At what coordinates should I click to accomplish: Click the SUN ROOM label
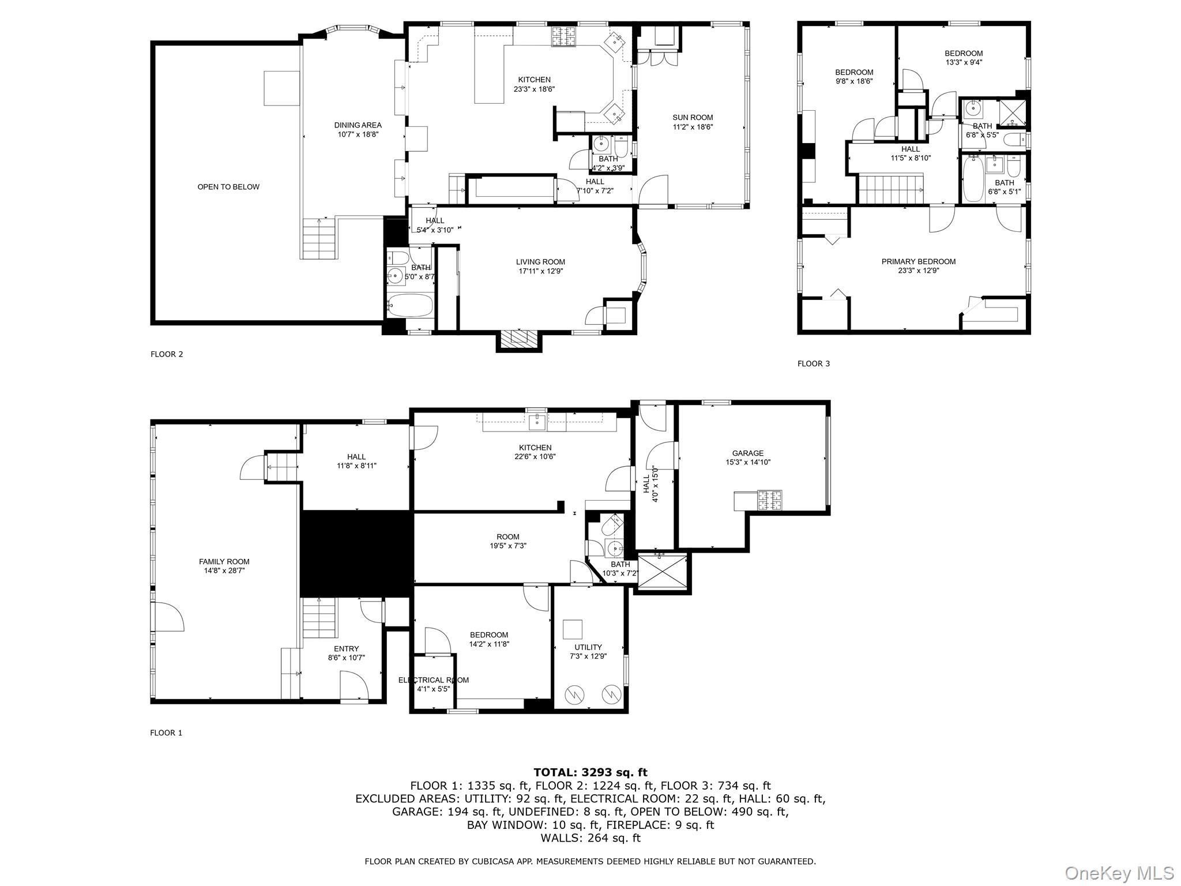(693, 118)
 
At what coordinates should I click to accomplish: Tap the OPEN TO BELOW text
(228, 187)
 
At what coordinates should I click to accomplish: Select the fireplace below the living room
(519, 339)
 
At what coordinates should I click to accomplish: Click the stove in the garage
(769, 500)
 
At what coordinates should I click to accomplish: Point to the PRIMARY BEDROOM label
(918, 261)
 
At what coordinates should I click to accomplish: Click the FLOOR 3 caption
(813, 363)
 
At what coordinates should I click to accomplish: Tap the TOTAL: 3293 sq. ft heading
(590, 772)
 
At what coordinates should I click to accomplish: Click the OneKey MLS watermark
(1119, 873)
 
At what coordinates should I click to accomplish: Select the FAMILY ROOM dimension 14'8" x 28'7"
(224, 570)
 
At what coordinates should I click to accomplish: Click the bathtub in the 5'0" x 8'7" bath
(410, 306)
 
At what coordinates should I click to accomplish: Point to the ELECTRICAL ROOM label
(433, 680)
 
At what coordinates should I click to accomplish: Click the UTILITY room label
(588, 647)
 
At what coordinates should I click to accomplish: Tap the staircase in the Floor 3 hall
(891, 189)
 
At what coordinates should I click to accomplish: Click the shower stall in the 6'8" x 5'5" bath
(1013, 113)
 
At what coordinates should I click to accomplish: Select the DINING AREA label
(358, 125)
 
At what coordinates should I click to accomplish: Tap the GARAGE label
(747, 453)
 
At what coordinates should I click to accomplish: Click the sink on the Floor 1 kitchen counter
(537, 422)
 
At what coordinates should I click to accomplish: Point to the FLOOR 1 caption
(166, 733)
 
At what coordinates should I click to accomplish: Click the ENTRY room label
(346, 648)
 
